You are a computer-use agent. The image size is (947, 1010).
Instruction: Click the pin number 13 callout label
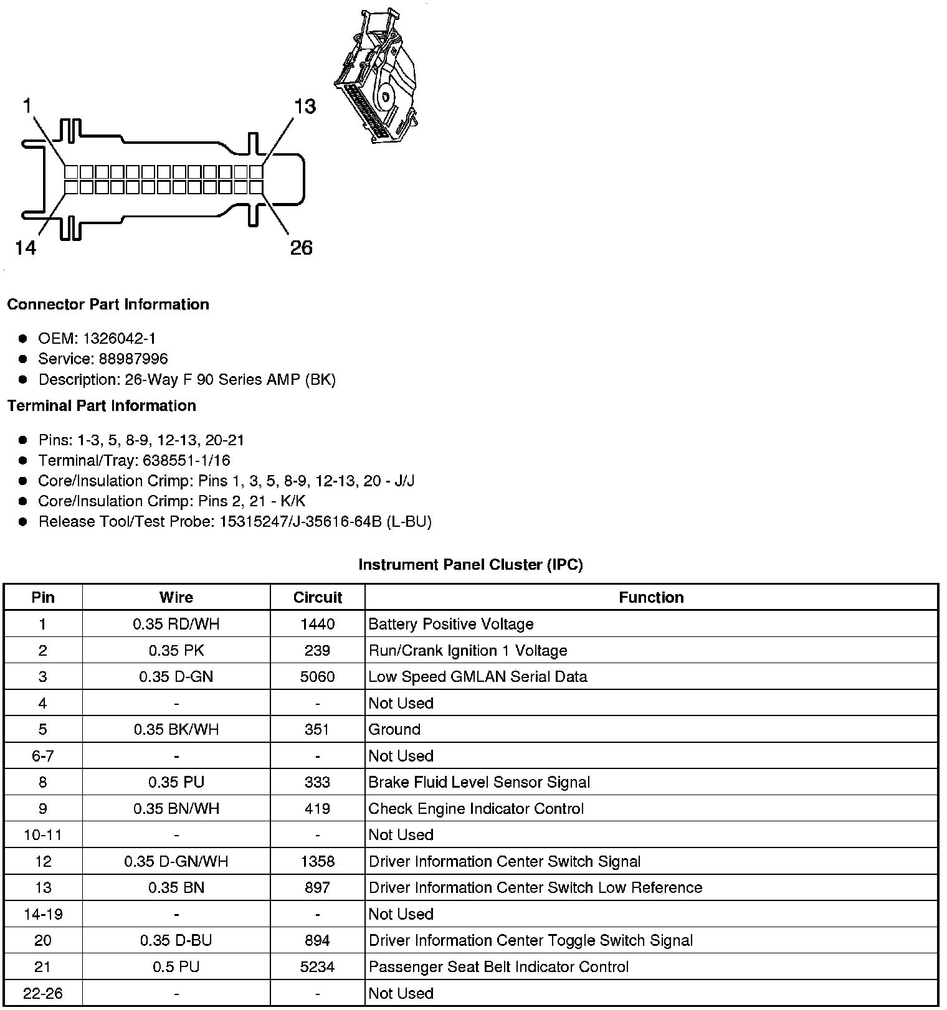(x=305, y=106)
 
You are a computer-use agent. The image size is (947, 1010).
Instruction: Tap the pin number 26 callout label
(x=301, y=248)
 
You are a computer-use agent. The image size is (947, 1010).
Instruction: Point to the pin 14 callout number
(x=26, y=248)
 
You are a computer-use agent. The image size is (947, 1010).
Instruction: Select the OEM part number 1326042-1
(x=119, y=339)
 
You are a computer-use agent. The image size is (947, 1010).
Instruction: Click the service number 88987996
(x=133, y=359)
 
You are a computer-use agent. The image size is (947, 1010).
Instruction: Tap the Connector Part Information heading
(x=108, y=304)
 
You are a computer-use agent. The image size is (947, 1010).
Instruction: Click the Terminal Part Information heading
(x=102, y=406)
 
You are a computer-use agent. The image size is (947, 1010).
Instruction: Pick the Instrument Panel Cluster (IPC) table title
(x=470, y=565)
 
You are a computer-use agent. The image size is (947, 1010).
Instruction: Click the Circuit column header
(x=318, y=598)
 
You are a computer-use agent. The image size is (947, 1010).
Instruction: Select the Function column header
(x=651, y=598)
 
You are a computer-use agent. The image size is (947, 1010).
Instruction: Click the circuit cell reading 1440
(x=318, y=624)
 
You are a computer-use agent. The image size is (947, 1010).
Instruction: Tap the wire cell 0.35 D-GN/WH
(x=176, y=861)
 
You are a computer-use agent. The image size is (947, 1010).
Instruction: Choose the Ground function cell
(x=394, y=729)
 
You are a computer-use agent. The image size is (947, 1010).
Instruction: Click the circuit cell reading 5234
(x=318, y=966)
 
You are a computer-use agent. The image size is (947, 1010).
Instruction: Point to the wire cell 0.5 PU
(x=176, y=966)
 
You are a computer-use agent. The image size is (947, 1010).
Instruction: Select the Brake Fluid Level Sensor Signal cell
(x=479, y=782)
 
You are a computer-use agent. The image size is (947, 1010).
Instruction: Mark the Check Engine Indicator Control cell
(x=476, y=808)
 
